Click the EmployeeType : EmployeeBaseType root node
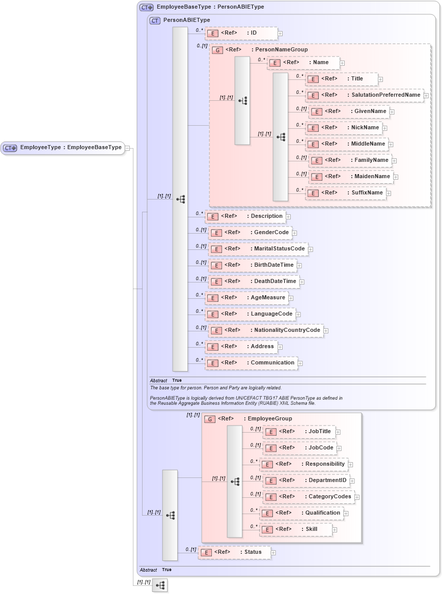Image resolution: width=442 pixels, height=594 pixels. pyautogui.click(x=63, y=148)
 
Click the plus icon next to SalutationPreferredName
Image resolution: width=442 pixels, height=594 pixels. pyautogui.click(x=426, y=95)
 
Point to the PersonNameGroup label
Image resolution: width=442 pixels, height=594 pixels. pyautogui.click(x=281, y=50)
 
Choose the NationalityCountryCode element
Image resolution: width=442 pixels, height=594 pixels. pyautogui.click(x=266, y=330)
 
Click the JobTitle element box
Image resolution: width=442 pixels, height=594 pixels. pyautogui.click(x=299, y=432)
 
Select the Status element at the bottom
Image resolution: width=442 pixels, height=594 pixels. pyautogui.click(x=234, y=552)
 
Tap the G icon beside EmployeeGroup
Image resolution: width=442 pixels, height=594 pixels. pyautogui.click(x=209, y=419)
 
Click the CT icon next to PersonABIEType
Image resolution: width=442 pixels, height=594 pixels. pyautogui.click(x=155, y=20)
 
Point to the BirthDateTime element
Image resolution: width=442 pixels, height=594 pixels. pyautogui.click(x=253, y=265)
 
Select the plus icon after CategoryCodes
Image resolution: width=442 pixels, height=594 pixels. pyautogui.click(x=357, y=497)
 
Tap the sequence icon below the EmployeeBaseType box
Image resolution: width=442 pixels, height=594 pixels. pyautogui.click(x=160, y=585)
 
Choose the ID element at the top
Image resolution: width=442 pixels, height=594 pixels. pyautogui.click(x=241, y=33)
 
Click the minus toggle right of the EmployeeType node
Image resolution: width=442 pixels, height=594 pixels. pyautogui.click(x=127, y=148)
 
